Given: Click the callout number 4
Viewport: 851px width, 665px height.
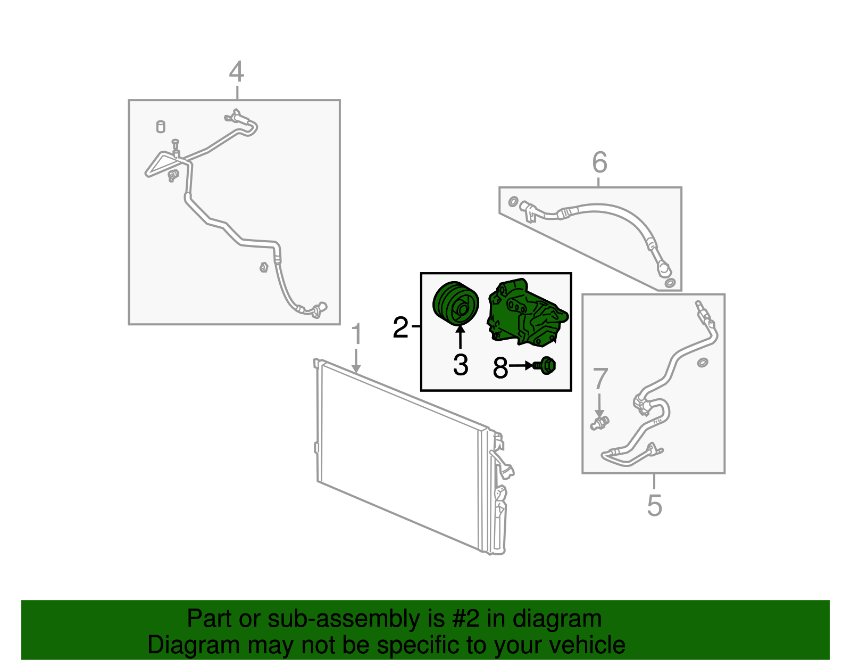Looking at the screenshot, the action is coord(237,71).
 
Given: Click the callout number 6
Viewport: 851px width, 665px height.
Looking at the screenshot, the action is coord(599,162).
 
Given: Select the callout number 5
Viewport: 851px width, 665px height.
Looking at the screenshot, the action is coord(654,505).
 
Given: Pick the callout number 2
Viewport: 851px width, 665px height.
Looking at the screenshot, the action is coord(401,327).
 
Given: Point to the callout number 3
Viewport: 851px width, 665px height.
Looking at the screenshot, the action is coord(461,365).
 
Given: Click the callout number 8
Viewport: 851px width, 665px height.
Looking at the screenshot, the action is coord(500,367).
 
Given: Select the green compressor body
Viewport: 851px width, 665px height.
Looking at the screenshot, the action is coord(527,313).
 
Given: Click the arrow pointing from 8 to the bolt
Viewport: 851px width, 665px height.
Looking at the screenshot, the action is coord(521,366).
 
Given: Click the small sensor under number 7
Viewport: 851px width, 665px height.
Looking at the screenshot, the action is coord(599,423).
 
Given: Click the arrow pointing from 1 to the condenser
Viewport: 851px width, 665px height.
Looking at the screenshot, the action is coord(356,360).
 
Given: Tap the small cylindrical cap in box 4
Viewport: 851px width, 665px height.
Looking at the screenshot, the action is coord(161,127).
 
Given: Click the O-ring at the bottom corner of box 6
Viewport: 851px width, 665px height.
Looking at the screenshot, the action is coord(670,283).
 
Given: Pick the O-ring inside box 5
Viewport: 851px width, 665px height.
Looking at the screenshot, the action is coord(703,363).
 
